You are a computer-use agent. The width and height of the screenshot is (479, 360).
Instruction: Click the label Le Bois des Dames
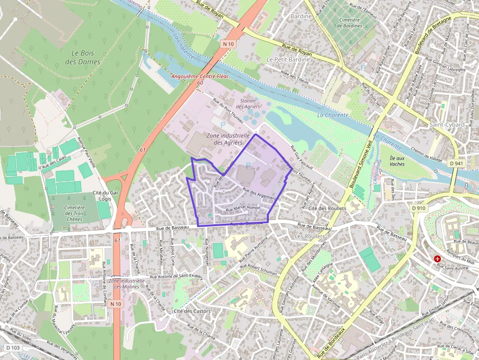pyautogui.click(x=83, y=57)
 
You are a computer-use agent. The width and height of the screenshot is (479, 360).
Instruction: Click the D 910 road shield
pyautogui.click(x=419, y=208)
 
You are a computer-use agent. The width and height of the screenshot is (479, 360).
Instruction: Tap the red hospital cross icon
pyautogui.click(x=437, y=258)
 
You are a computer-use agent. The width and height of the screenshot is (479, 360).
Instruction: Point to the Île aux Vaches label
pyautogui.click(x=397, y=161)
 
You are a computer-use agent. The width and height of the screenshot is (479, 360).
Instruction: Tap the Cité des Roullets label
pyautogui.click(x=327, y=209)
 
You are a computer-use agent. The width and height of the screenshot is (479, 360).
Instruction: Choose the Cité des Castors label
pyautogui.click(x=192, y=311)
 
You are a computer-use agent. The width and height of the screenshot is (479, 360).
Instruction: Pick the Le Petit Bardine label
pyautogui.click(x=288, y=59)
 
